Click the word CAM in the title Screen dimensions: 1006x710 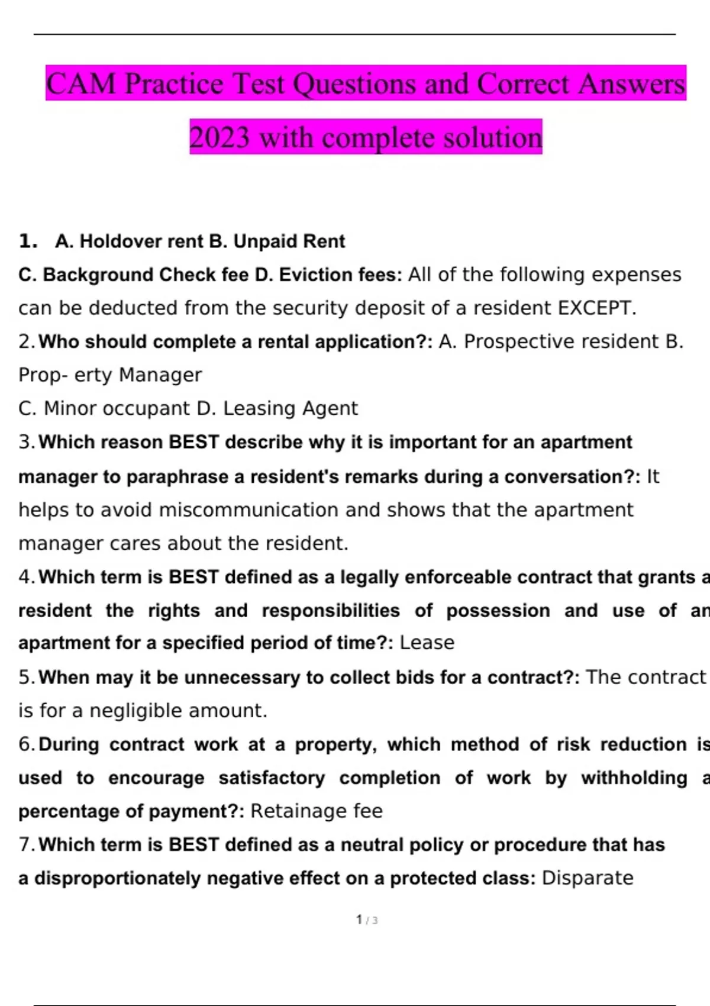pos(81,83)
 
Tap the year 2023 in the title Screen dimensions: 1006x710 pos(220,138)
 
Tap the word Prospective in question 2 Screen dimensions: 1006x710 pos(519,341)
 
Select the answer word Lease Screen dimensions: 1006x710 pos(427,643)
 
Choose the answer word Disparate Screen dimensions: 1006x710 pos(588,878)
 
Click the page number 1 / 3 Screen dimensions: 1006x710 pos(367,920)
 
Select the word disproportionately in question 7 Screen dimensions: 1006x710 pos(118,878)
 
